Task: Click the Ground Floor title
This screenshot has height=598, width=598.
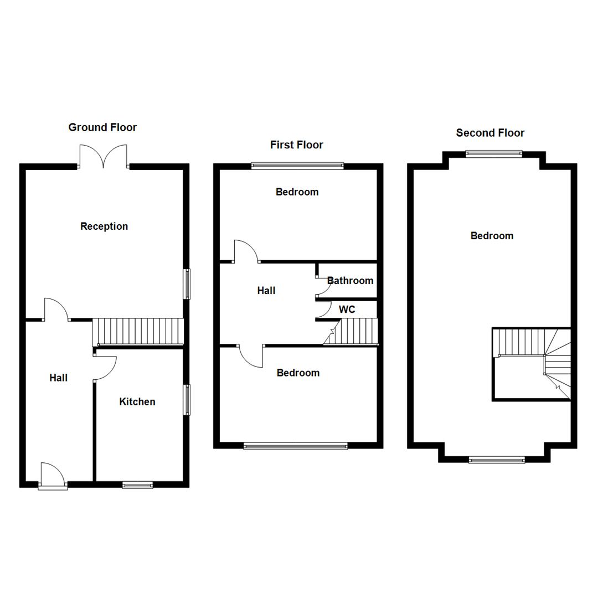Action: click(102, 127)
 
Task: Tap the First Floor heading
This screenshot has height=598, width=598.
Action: click(296, 145)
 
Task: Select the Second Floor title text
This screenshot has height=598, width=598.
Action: click(490, 133)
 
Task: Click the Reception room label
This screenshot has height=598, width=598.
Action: click(104, 226)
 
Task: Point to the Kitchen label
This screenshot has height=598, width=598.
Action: click(137, 402)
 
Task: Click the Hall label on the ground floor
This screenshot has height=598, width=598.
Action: click(59, 378)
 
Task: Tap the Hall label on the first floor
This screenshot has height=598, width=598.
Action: click(266, 291)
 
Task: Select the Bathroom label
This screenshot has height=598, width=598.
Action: click(350, 281)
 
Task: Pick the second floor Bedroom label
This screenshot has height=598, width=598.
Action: click(492, 236)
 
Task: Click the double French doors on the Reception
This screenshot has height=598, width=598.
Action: click(104, 156)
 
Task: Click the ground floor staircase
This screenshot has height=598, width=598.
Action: click(137, 332)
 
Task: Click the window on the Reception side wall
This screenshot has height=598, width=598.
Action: click(187, 284)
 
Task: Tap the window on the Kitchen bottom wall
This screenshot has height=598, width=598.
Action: click(137, 485)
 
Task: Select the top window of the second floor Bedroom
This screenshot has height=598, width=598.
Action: click(493, 154)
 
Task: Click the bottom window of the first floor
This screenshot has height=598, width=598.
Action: click(296, 446)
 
